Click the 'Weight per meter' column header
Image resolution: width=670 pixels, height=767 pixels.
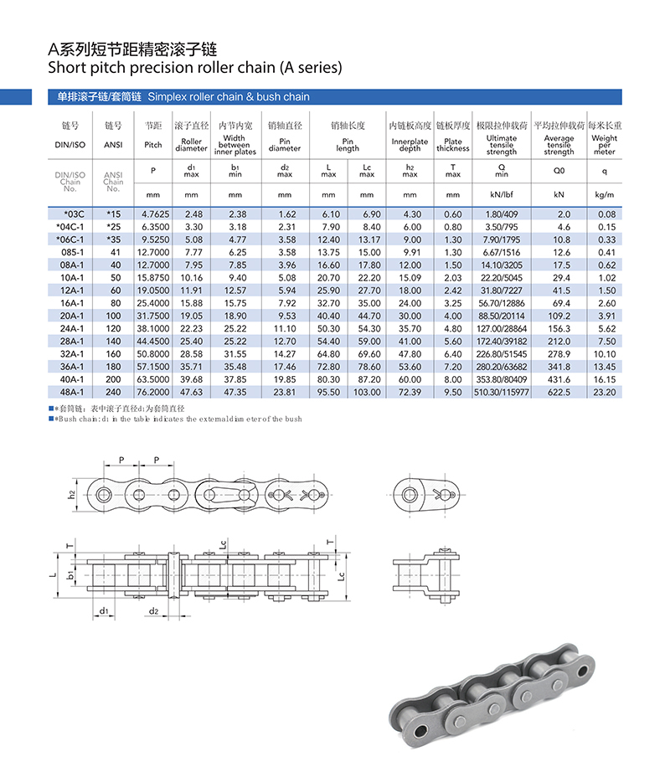604,145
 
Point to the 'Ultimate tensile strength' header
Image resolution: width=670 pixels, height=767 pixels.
502,145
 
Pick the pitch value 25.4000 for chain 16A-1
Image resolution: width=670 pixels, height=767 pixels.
152,303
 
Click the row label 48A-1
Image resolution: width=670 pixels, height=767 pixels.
70,391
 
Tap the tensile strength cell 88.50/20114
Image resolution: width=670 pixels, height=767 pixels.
502,316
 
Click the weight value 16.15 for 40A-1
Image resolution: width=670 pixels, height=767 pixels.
606,378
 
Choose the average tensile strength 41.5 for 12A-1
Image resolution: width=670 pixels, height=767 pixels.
559,291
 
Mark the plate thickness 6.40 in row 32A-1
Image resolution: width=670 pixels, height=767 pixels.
453,353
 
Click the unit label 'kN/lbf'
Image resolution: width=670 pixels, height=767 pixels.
502,194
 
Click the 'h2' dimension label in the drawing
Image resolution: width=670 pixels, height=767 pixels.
72,494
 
